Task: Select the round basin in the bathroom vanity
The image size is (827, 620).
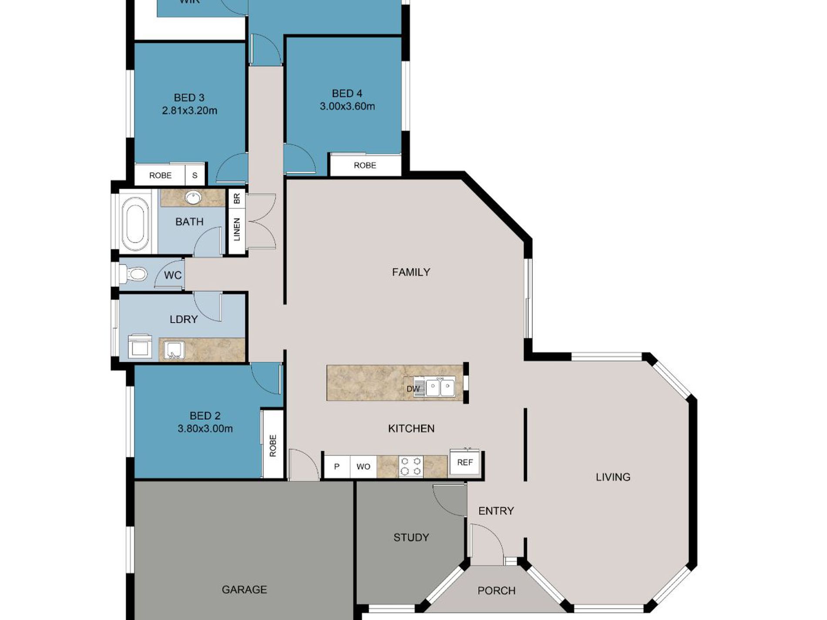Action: click(x=193, y=198)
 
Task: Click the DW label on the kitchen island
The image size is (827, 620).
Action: click(x=413, y=389)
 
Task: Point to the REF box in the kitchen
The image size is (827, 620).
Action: click(x=465, y=463)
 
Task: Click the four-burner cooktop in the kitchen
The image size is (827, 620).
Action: click(x=410, y=466)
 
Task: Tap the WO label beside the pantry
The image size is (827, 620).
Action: click(x=363, y=467)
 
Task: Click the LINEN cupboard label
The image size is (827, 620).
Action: click(x=237, y=229)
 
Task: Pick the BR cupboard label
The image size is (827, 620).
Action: click(x=237, y=199)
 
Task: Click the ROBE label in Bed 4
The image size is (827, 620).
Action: click(x=365, y=165)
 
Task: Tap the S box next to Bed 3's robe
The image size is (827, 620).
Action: click(x=195, y=175)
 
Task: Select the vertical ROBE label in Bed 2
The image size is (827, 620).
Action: click(x=273, y=446)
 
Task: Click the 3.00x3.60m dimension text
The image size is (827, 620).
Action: click(x=347, y=106)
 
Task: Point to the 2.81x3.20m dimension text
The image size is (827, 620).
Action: click(x=189, y=111)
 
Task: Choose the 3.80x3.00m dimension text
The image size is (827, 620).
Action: click(x=205, y=429)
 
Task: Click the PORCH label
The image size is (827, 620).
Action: click(x=496, y=590)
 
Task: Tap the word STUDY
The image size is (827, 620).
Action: click(x=411, y=537)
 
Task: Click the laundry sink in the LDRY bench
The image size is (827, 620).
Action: click(x=174, y=350)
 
